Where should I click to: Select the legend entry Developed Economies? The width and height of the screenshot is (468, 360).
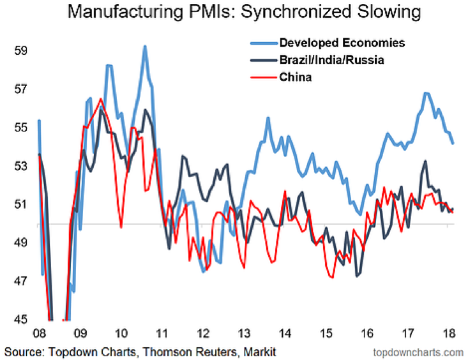[x=342, y=43]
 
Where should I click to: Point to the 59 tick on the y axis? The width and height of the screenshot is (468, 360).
[x=20, y=50]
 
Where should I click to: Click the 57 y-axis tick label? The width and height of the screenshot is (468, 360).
[x=20, y=89]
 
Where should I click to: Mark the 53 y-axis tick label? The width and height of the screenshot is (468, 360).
[x=20, y=166]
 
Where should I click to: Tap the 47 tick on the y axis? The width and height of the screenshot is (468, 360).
[x=20, y=281]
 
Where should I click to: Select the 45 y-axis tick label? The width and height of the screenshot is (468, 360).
[x=20, y=320]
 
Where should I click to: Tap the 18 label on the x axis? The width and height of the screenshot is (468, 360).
[x=448, y=334]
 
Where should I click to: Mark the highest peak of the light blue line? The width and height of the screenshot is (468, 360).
[x=145, y=46]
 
